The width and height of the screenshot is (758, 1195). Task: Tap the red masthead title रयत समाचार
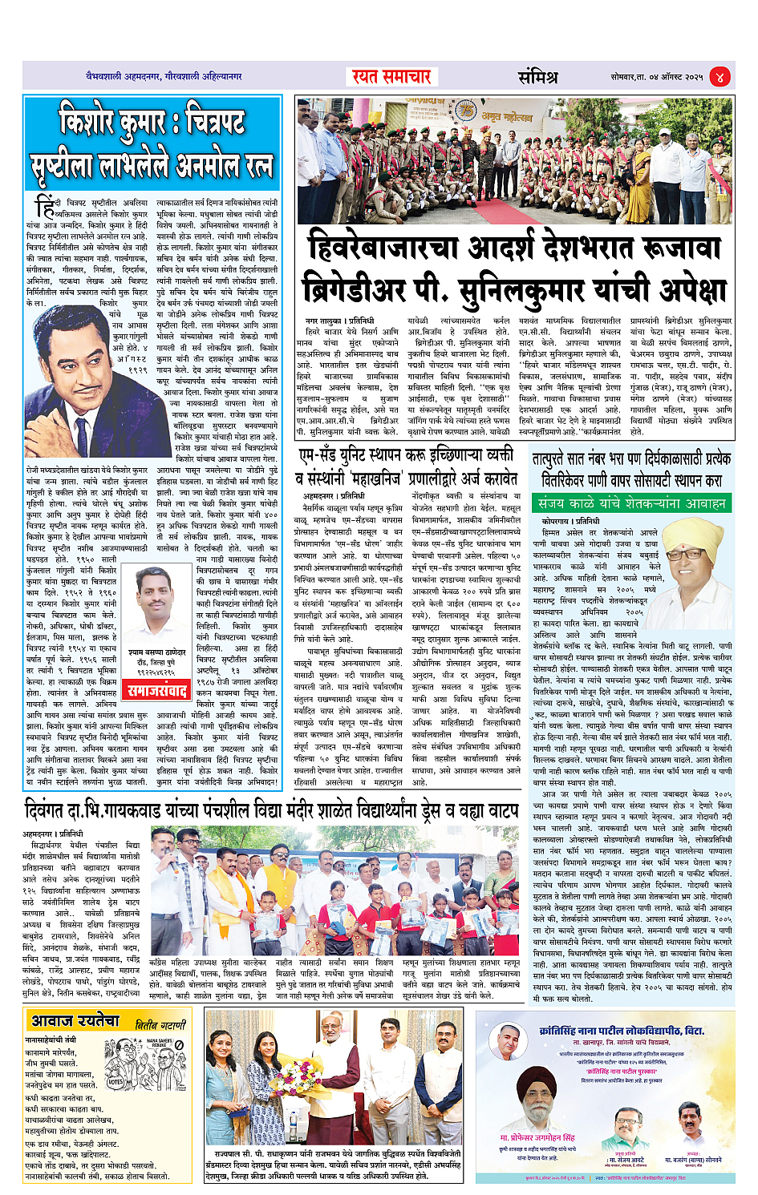[391, 77]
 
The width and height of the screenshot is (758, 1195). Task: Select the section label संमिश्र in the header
[537, 77]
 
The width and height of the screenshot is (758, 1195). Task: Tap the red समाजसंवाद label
[158, 690]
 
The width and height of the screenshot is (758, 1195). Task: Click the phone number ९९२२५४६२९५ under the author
[157, 673]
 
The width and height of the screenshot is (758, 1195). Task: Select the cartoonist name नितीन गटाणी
[160, 1025]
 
